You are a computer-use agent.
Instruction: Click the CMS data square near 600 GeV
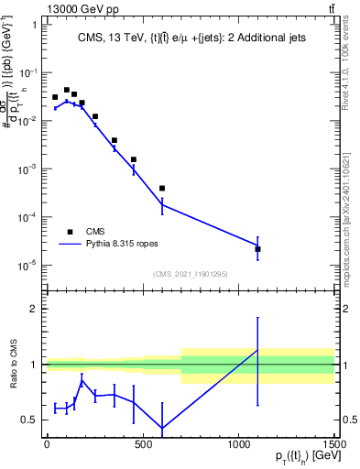[x=162, y=189]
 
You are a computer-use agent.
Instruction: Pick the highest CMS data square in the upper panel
[x=67, y=90]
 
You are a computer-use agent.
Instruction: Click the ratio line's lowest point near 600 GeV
[x=162, y=429]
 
